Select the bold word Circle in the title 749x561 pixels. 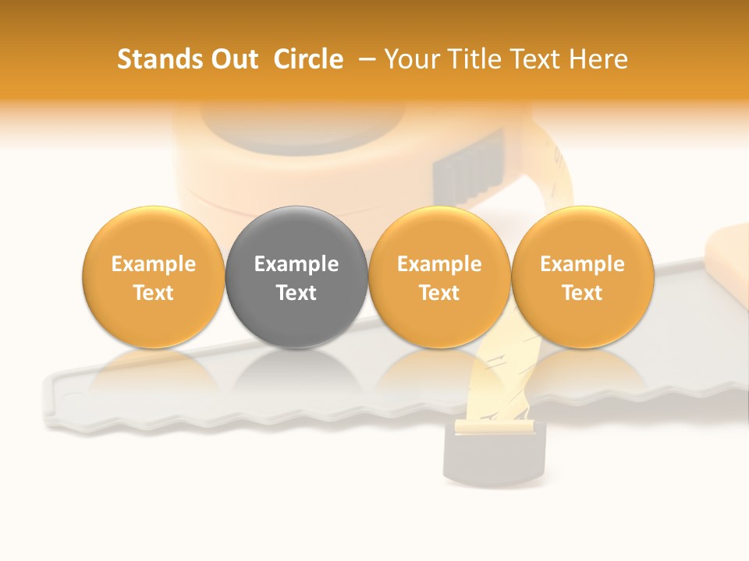308,59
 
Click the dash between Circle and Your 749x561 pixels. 364,59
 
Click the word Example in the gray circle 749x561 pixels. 296,264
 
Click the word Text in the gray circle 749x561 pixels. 296,293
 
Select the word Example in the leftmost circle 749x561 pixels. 154,264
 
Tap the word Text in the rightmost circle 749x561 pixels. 583,293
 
